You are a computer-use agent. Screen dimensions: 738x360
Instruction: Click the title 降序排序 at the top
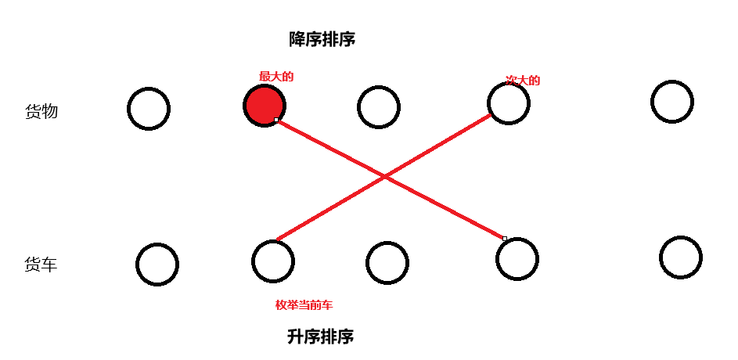322,39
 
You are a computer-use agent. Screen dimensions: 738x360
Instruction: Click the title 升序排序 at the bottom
320,337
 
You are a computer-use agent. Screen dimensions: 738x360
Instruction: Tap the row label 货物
41,112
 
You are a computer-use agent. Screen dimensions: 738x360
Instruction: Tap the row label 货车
41,265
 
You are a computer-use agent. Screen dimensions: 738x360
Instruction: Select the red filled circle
264,105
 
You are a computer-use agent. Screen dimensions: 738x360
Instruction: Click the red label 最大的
276,77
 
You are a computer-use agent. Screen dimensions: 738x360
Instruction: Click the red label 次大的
523,80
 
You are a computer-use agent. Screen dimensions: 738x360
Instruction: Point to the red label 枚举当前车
304,305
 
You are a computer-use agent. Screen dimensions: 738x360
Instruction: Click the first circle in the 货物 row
148,108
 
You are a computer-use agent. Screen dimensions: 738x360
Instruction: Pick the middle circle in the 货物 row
378,106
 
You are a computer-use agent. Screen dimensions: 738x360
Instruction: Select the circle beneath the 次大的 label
508,103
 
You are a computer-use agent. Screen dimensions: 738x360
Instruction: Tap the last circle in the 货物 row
671,102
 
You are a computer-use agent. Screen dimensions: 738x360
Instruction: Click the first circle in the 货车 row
157,265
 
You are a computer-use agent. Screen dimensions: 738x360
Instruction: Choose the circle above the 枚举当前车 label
273,261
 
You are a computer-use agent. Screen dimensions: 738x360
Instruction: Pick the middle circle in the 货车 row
387,263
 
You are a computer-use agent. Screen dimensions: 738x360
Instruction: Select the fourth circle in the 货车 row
517,258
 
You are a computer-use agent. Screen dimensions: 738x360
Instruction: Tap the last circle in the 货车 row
680,257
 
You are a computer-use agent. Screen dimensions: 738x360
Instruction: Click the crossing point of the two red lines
385,178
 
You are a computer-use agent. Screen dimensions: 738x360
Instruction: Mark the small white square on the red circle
276,120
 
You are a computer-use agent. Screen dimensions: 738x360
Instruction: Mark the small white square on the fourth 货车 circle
505,238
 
